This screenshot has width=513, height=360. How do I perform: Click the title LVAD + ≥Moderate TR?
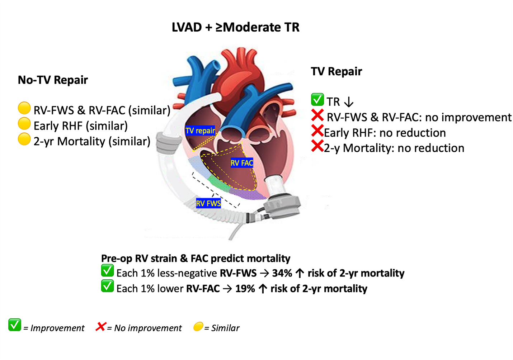click(235, 27)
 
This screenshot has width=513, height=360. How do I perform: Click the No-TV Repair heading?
click(53, 80)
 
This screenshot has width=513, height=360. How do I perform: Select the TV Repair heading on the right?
click(336, 71)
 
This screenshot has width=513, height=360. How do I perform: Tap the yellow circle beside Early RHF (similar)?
click(24, 123)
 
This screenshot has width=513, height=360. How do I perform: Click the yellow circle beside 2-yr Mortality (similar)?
click(24, 139)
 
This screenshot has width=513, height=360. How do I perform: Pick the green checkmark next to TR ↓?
click(317, 99)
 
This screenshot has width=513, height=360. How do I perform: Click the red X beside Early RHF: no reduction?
click(317, 131)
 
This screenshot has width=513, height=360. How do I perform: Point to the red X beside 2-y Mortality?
click(317, 146)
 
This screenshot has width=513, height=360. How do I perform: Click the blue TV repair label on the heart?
click(200, 131)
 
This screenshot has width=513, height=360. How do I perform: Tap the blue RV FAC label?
click(242, 163)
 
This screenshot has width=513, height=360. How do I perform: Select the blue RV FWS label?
click(208, 203)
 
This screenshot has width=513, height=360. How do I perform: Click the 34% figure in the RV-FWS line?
click(282, 273)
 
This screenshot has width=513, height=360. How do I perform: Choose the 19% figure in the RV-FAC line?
click(245, 289)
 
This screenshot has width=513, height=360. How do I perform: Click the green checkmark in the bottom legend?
click(15, 325)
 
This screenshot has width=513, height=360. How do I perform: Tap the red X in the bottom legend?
click(101, 326)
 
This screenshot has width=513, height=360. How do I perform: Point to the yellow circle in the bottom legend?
click(198, 327)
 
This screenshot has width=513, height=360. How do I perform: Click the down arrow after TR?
click(349, 102)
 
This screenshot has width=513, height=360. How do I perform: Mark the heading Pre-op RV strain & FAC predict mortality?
click(196, 258)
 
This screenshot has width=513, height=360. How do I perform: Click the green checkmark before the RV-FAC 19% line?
click(107, 286)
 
